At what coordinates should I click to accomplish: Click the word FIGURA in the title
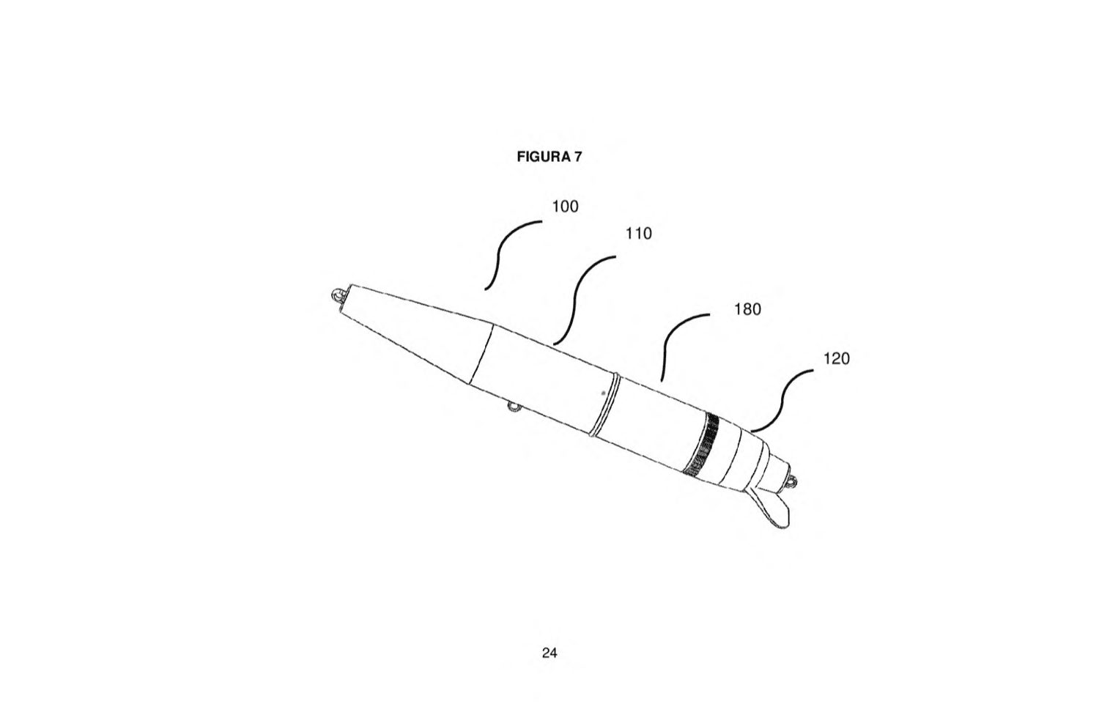(x=543, y=157)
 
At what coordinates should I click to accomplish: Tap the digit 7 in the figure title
(x=578, y=157)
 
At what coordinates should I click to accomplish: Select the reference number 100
(x=565, y=207)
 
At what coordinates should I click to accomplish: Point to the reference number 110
(x=638, y=234)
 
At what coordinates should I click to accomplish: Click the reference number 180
(x=747, y=309)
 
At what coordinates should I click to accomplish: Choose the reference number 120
(x=836, y=359)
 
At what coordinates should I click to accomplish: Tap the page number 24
(x=549, y=653)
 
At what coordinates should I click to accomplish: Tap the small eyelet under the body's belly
(x=514, y=407)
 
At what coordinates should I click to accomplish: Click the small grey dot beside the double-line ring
(x=603, y=393)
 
